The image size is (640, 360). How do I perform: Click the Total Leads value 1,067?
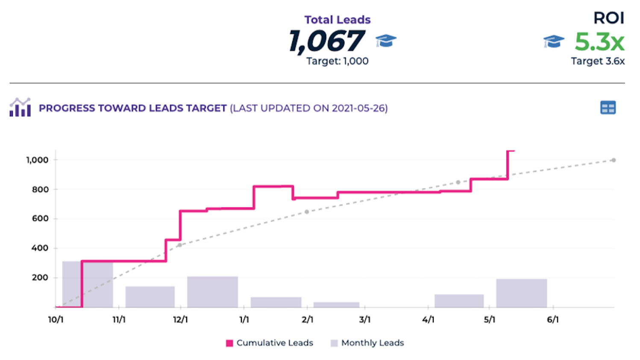tap(327, 41)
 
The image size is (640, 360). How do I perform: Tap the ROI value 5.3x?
tap(599, 42)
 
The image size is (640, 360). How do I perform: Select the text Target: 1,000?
tap(337, 61)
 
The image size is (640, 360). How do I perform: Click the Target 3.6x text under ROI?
tap(597, 61)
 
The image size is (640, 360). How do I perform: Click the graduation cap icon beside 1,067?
tap(386, 41)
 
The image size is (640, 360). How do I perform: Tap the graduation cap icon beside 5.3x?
tap(553, 41)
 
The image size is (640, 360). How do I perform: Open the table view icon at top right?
tap(608, 108)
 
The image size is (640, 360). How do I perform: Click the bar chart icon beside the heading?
tap(20, 107)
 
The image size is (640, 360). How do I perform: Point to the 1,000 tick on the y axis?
tap(37, 160)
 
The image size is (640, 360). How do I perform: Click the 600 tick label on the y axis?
tap(40, 219)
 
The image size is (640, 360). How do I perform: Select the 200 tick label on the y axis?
tap(40, 278)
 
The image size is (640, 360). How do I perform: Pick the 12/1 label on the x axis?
tap(180, 319)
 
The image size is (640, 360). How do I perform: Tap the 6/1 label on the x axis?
tap(553, 319)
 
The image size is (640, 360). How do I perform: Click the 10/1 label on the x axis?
tap(56, 319)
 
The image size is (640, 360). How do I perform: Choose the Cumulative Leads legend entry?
tap(270, 343)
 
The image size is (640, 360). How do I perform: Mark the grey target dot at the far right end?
tap(613, 160)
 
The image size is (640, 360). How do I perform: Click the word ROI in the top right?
tap(608, 18)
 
